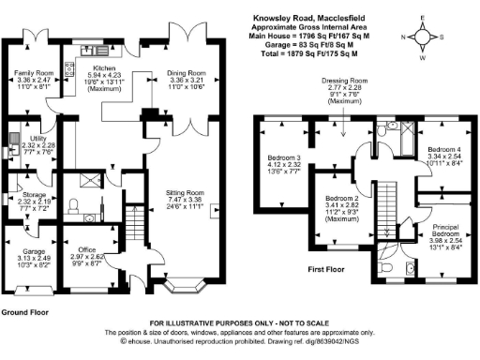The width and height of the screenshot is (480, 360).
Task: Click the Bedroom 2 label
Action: (x=343, y=199)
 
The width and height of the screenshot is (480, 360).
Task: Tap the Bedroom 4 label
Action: (x=444, y=149)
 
